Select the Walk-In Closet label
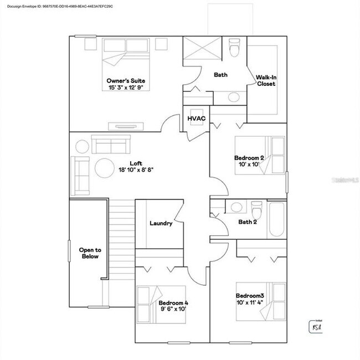tap(266, 80)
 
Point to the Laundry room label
tap(161, 223)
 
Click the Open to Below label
tap(89, 253)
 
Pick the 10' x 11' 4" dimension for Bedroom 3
tap(249, 302)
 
